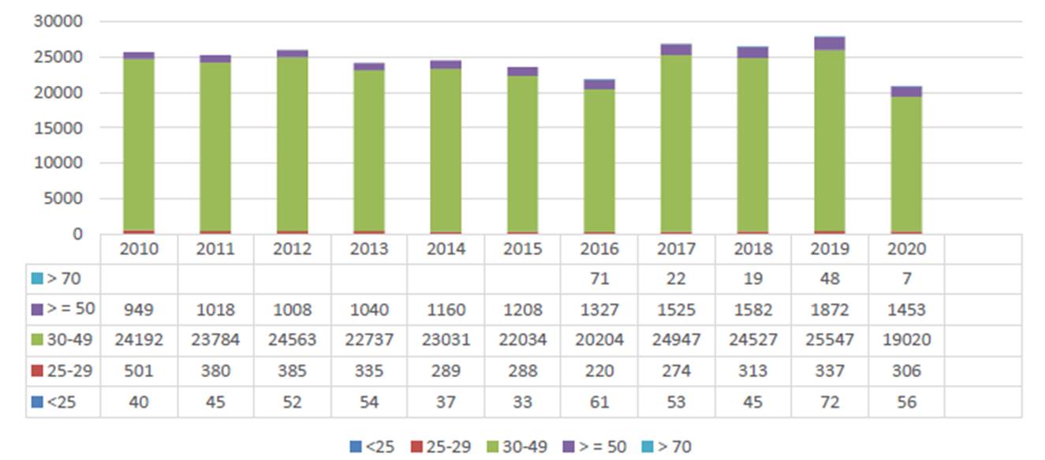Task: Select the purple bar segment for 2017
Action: click(676, 50)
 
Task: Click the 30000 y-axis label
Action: click(58, 21)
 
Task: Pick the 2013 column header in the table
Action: click(369, 249)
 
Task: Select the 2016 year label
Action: click(599, 249)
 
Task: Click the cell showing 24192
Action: click(139, 340)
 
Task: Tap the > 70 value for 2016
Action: click(599, 279)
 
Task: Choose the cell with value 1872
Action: click(830, 310)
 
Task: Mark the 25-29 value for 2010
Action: click(139, 371)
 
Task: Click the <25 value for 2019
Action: click(830, 402)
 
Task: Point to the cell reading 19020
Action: click(906, 340)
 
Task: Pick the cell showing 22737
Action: click(369, 340)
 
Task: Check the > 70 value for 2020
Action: click(906, 279)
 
